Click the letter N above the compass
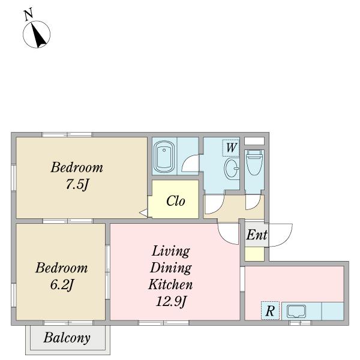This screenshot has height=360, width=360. click(29, 14)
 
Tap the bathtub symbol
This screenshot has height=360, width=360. click(164, 157)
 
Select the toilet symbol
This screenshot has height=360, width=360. click(254, 163)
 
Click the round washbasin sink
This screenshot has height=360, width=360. click(232, 169)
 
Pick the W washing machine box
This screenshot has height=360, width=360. click(231, 148)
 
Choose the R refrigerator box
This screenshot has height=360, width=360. click(270, 310)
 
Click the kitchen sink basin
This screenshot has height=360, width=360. click(296, 311)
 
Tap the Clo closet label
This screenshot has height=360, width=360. click(176, 201)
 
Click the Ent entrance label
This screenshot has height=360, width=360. click(257, 235)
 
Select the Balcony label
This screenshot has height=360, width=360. click(67, 338)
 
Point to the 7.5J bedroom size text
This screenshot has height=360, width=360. click(77, 184)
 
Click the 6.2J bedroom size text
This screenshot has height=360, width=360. click(62, 285)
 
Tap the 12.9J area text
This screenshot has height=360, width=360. click(171, 301)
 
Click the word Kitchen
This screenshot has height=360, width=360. click(170, 284)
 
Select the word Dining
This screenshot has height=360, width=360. click(171, 268)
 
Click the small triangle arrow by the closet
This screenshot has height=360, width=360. click(143, 213)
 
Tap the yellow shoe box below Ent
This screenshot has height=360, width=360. click(254, 254)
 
